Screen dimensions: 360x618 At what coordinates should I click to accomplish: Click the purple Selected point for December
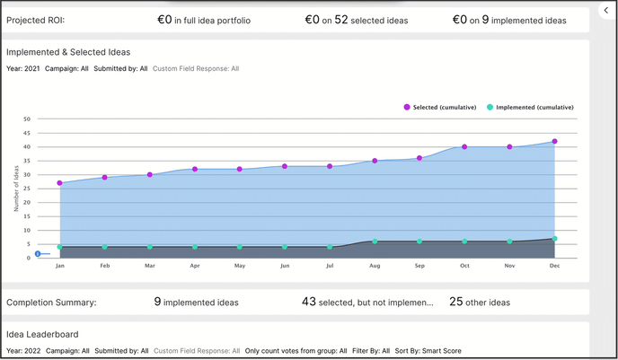[x=554, y=142]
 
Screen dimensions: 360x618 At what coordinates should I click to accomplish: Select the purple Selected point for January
[x=60, y=183]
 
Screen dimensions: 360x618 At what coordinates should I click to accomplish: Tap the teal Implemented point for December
[x=554, y=239]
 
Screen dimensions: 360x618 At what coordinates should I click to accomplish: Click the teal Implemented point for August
[x=375, y=241]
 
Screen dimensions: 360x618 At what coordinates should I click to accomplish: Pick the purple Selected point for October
[x=464, y=147]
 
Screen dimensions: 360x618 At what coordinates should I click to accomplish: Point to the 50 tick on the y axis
[x=27, y=119]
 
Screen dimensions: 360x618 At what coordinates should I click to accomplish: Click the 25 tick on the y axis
[x=27, y=189]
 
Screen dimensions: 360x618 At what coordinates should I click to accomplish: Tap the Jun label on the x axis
[x=285, y=266]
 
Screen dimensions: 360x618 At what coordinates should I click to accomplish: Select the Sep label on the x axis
[x=419, y=266]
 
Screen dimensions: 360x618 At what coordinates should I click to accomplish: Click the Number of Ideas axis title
[x=16, y=189]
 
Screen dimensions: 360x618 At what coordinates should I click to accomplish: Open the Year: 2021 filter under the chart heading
[x=23, y=68]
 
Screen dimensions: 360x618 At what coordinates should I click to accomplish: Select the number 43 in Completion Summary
[x=309, y=303]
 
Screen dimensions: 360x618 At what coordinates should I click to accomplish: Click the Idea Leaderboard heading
[x=41, y=335]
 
